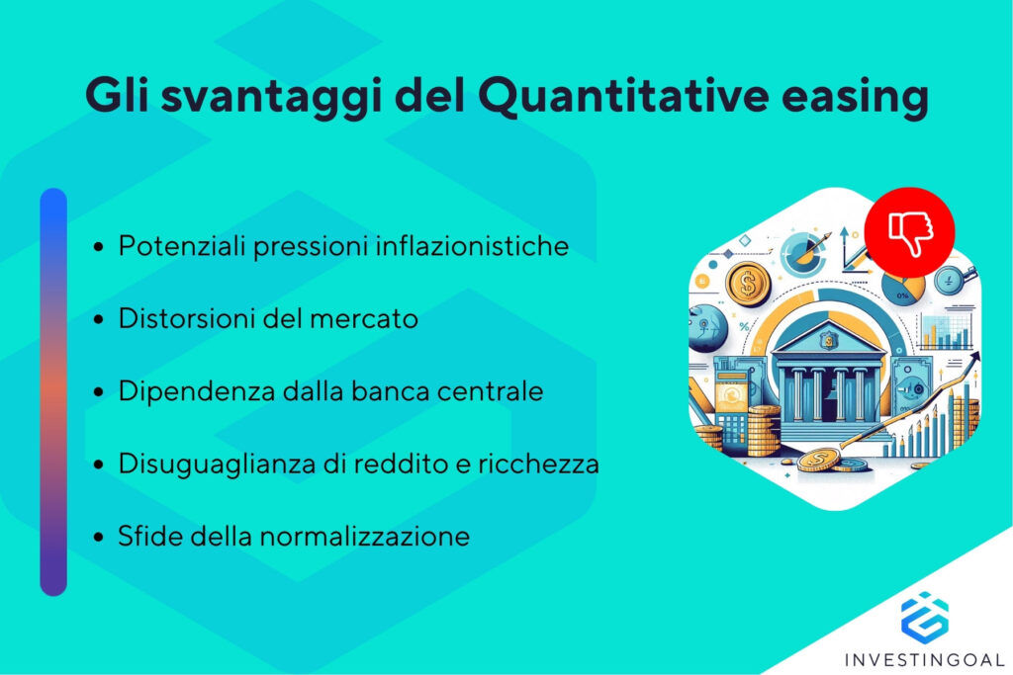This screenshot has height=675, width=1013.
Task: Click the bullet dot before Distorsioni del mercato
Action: pos(99,320)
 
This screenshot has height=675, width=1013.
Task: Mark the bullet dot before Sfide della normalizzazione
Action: pos(99,538)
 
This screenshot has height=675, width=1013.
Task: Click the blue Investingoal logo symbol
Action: pos(924,616)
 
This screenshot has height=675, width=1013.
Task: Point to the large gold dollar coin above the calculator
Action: pos(748,286)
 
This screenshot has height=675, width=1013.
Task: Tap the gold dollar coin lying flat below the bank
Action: pos(820,459)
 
